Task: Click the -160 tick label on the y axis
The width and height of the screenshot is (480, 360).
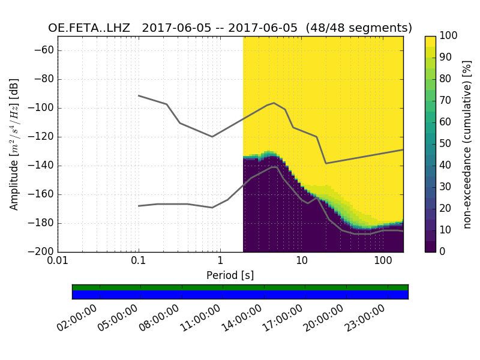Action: pyautogui.click(x=44, y=194)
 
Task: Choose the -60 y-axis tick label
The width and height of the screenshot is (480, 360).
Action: pyautogui.click(x=47, y=50)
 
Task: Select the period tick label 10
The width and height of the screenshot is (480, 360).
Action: pyautogui.click(x=301, y=262)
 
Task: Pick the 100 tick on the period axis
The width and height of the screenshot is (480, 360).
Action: pyautogui.click(x=382, y=262)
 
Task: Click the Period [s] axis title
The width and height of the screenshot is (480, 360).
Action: pyautogui.click(x=230, y=275)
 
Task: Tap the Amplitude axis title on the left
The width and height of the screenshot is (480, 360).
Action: pyautogui.click(x=14, y=144)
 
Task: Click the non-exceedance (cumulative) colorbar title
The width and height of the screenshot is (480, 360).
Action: pyautogui.click(x=468, y=144)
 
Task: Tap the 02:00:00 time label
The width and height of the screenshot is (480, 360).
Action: pyautogui.click(x=77, y=319)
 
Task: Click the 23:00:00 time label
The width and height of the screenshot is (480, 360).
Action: pyautogui.click(x=365, y=319)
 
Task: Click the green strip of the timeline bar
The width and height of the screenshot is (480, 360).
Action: pyautogui.click(x=240, y=287)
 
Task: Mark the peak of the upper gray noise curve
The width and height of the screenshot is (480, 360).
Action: pyautogui.click(x=274, y=103)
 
